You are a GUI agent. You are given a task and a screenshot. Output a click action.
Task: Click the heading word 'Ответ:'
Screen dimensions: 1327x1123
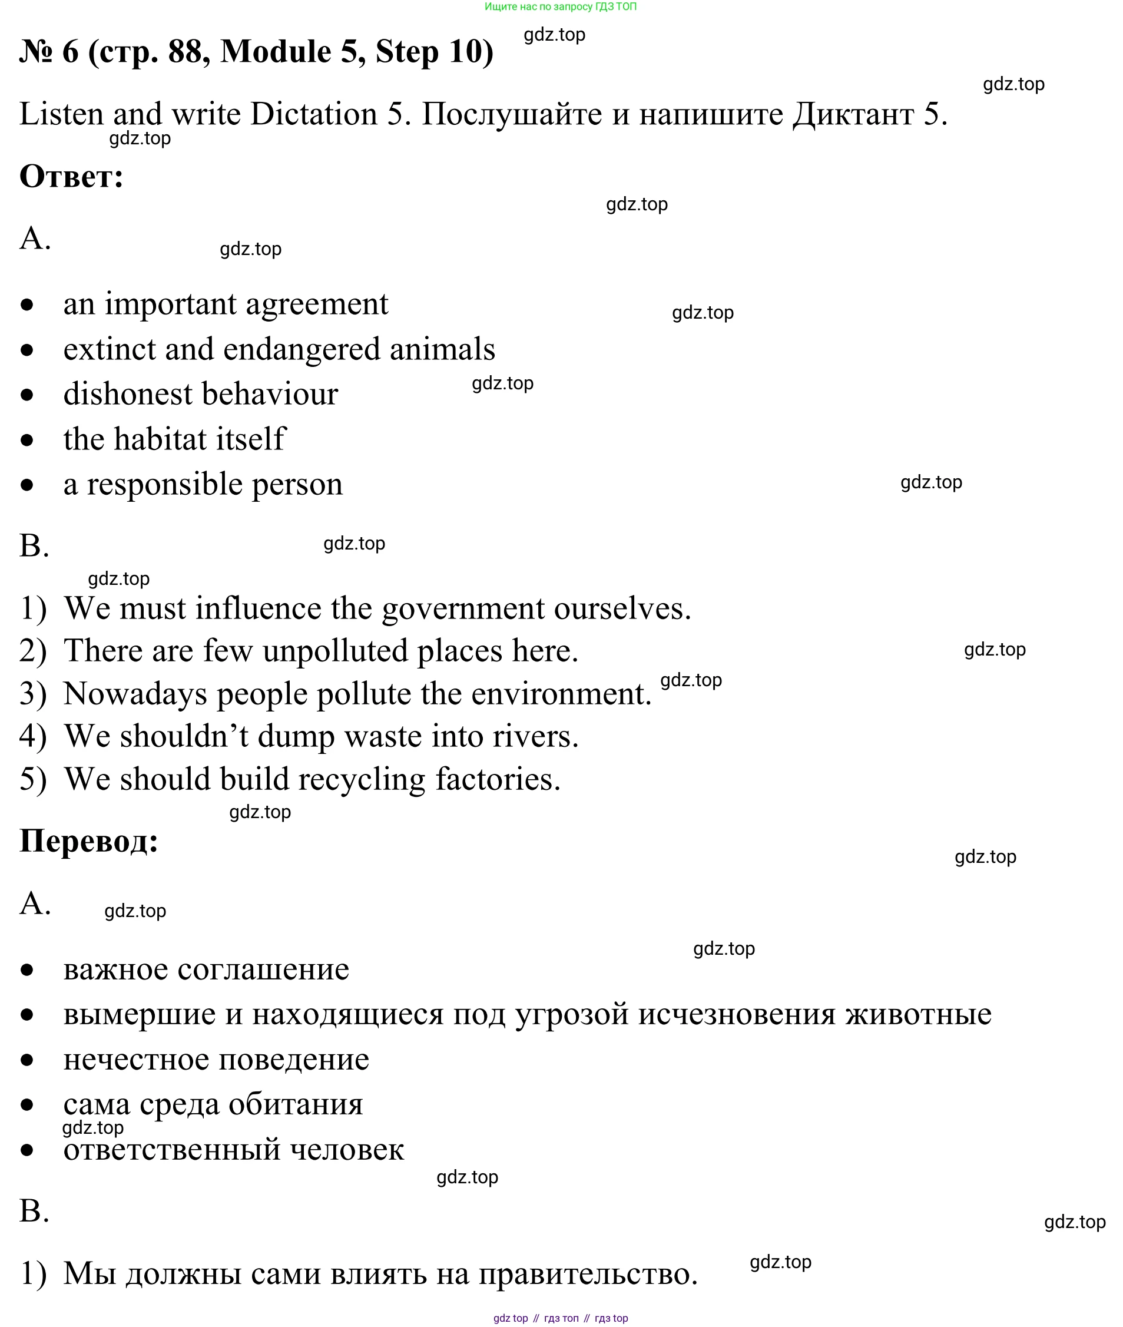(x=71, y=176)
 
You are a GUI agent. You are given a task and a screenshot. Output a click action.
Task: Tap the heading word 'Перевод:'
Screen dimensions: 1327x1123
(x=88, y=841)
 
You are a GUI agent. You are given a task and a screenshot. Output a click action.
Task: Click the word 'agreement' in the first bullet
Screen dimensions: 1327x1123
(x=316, y=305)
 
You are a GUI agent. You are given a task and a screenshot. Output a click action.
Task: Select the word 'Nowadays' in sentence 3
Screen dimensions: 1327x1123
(x=135, y=694)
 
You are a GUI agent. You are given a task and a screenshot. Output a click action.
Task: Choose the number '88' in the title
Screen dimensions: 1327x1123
(x=185, y=52)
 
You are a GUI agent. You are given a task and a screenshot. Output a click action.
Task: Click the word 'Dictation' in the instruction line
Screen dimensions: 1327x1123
(x=314, y=115)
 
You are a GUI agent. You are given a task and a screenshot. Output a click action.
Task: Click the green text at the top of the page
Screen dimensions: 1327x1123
(x=560, y=6)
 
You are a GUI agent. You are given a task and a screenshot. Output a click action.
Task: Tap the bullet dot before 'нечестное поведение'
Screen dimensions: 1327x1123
(x=26, y=1060)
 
